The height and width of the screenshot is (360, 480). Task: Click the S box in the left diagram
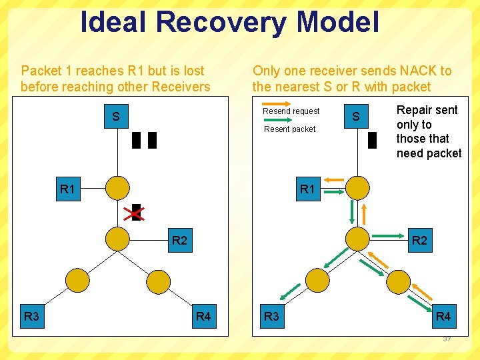click(116, 117)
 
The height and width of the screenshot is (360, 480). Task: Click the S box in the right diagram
click(356, 117)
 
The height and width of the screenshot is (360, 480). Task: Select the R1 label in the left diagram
click(67, 189)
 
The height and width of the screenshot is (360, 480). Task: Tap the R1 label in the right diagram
click(307, 189)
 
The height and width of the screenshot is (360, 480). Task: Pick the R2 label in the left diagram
click(179, 240)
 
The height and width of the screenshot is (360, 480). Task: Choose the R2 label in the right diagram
click(419, 240)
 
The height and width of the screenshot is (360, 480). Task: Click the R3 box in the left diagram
click(31, 316)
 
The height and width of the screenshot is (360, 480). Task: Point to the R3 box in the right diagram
click(271, 316)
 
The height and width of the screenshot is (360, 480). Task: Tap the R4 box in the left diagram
click(203, 316)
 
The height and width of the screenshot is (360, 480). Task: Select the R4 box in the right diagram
click(443, 316)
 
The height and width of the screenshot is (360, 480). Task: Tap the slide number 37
click(447, 339)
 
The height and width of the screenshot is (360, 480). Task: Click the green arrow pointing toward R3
click(291, 289)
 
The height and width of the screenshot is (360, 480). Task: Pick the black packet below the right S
click(372, 140)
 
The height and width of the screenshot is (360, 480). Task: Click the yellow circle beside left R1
click(118, 188)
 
